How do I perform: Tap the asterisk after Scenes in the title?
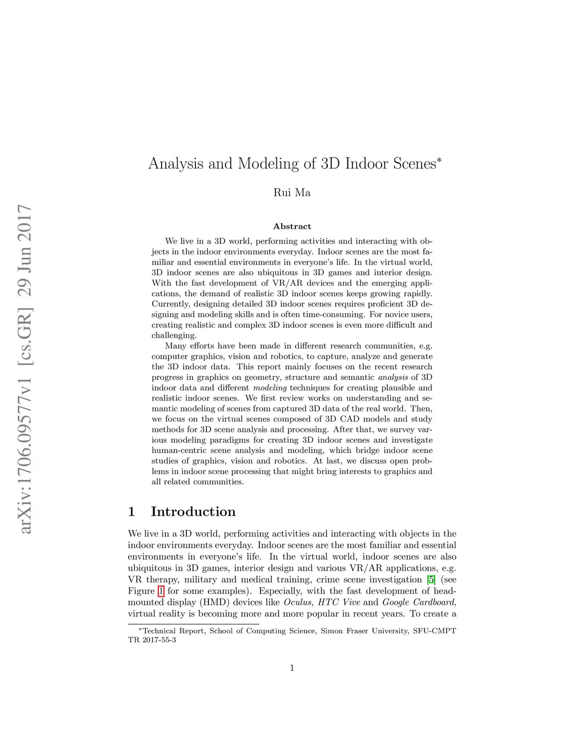click(x=439, y=159)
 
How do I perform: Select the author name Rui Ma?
click(x=292, y=193)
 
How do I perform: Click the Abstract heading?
click(x=292, y=227)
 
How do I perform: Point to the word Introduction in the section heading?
click(x=193, y=511)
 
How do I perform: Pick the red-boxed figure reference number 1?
click(x=161, y=591)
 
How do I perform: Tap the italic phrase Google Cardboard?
click(x=418, y=603)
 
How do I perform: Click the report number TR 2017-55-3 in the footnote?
click(x=152, y=640)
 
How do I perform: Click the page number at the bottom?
click(x=292, y=668)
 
